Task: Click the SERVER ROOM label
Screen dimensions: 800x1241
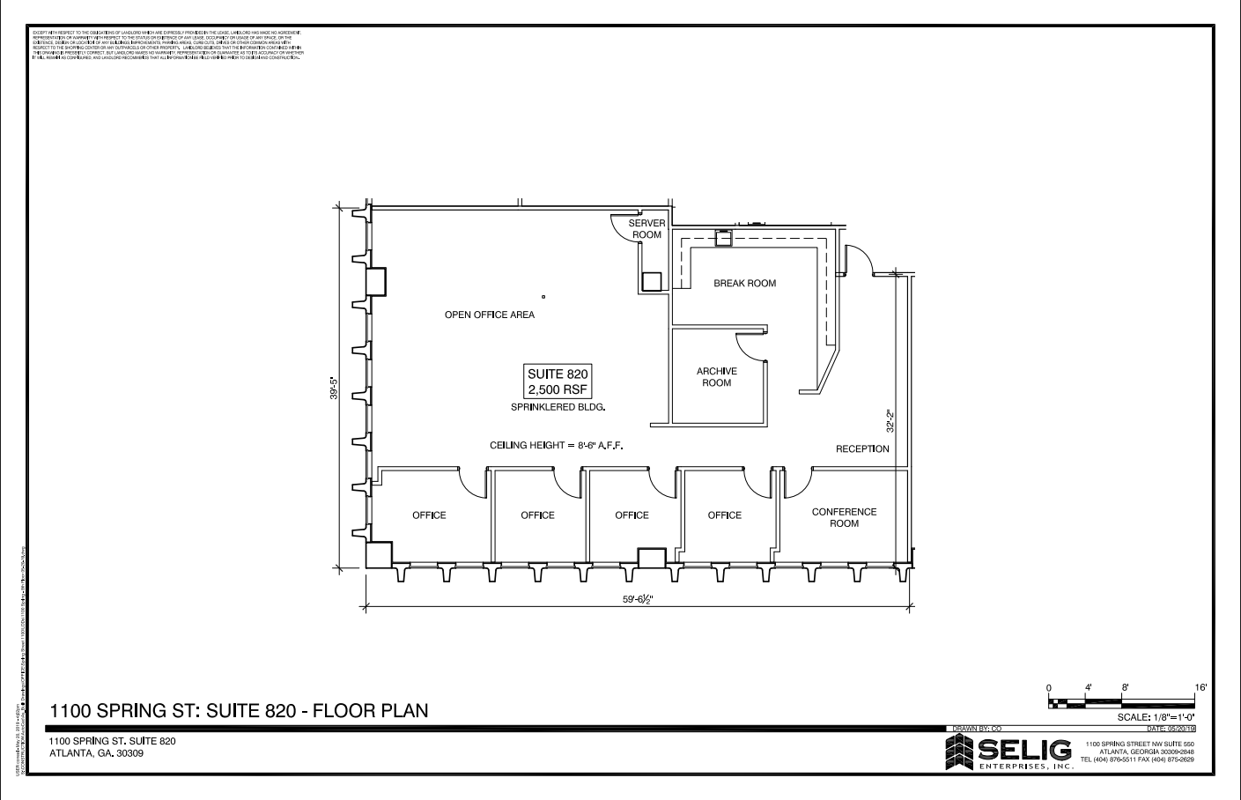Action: (x=646, y=229)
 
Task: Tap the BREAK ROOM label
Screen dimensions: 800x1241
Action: (x=744, y=283)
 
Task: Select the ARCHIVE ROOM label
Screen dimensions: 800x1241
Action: (x=716, y=377)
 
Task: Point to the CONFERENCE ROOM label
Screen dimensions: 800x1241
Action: (x=844, y=517)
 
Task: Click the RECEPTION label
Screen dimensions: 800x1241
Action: (x=862, y=449)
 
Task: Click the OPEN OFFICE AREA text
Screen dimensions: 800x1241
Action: (x=489, y=315)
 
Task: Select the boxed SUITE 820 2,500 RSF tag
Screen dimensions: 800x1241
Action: (x=558, y=381)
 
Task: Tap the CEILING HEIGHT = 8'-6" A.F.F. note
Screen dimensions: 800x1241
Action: (x=556, y=446)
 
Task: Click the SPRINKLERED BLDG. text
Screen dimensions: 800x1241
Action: (x=558, y=408)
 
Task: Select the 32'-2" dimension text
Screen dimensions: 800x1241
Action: (x=890, y=419)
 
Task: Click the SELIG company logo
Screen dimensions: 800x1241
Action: (x=1008, y=752)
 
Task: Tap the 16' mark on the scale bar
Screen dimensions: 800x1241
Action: (x=1200, y=686)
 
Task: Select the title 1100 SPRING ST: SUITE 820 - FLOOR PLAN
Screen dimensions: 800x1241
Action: (x=239, y=710)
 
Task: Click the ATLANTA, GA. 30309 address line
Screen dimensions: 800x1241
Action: (x=97, y=753)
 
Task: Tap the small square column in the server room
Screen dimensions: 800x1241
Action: (x=651, y=281)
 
